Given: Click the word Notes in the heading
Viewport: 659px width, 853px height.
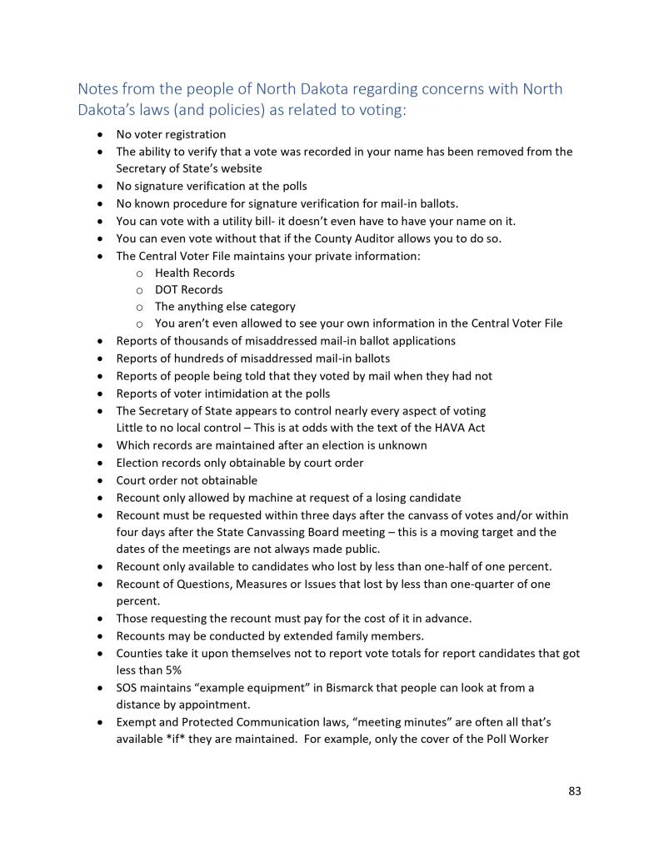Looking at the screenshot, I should coord(97,89).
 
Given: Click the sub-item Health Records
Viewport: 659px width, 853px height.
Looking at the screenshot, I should coord(195,273).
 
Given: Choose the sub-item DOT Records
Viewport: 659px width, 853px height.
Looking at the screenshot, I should coord(189,289).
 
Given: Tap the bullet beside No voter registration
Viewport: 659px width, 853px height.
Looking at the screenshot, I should coord(101,134).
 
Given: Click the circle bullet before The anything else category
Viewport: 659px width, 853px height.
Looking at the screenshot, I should coord(138,307).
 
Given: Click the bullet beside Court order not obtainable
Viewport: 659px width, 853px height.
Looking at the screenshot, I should coord(101,480).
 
